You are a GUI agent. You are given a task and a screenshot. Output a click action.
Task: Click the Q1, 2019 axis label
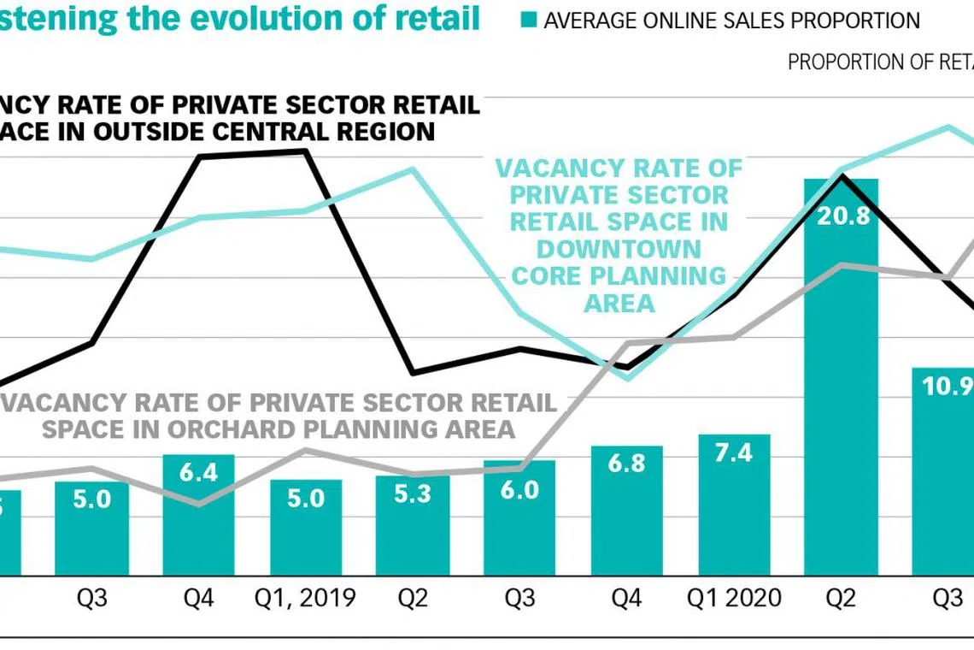tap(306, 598)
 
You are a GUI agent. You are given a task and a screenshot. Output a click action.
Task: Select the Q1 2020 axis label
tap(734, 598)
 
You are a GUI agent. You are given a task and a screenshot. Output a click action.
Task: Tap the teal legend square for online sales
tap(529, 21)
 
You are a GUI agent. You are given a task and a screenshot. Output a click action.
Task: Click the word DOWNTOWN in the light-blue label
tap(619, 249)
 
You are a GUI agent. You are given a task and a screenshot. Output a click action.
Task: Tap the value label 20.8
tap(842, 216)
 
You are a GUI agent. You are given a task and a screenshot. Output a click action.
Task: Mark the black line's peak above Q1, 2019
tap(305, 151)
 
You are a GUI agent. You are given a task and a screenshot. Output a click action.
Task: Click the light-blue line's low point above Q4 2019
tap(628, 377)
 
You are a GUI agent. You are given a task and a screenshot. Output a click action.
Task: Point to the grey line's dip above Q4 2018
tap(198, 505)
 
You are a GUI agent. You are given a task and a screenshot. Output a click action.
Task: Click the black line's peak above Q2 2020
tap(842, 175)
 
